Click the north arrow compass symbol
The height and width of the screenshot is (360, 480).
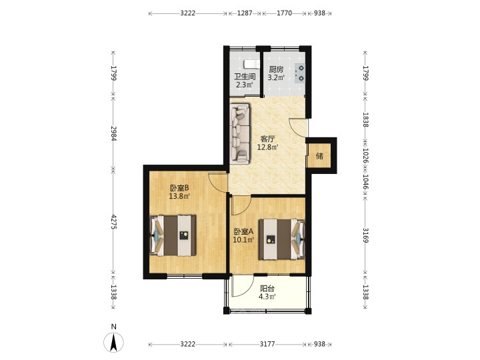coord(113,342)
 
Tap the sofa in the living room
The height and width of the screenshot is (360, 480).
coord(240,133)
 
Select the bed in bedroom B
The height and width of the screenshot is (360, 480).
coord(173,236)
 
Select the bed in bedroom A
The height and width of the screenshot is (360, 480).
coord(281,239)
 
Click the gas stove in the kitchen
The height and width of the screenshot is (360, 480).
coord(300,73)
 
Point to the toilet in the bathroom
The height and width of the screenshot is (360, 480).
coord(251,64)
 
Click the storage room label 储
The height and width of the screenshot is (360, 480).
coord(319,157)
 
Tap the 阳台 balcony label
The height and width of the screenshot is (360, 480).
coord(267,289)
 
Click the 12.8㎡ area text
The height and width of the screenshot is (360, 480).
coord(267,147)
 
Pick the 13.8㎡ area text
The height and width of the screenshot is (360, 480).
coord(179,196)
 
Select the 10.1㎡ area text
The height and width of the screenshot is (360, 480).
coord(244,240)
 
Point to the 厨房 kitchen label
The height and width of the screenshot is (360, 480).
coord(276,69)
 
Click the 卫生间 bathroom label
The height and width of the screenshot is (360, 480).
coord(245,77)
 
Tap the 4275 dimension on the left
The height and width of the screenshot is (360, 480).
coord(114,221)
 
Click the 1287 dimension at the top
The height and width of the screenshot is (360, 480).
coord(245,13)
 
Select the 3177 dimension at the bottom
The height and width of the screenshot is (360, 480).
coord(267,344)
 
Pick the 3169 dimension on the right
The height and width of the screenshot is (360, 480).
coord(365,235)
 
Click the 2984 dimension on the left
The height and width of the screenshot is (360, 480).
coord(114,133)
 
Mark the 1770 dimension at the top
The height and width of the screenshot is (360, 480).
coord(285,13)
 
